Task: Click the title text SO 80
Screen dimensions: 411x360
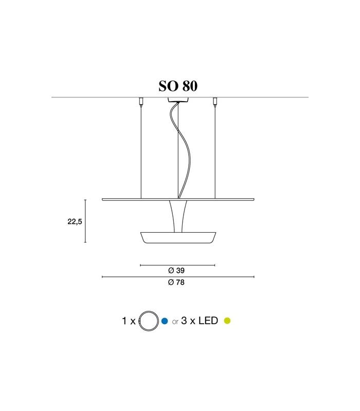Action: (x=178, y=86)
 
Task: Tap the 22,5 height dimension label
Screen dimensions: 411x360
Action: (x=75, y=222)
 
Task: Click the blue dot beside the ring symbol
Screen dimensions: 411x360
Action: (x=165, y=321)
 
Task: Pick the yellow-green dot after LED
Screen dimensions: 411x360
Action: (x=227, y=321)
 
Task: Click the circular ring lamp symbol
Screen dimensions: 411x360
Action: (x=149, y=321)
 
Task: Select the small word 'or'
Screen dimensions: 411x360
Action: (x=175, y=322)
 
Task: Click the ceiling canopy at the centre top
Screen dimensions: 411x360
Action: (x=178, y=100)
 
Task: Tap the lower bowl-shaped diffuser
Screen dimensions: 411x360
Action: (x=178, y=237)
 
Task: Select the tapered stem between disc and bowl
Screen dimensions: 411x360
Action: (x=177, y=216)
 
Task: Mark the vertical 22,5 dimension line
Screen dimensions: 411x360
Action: (x=85, y=221)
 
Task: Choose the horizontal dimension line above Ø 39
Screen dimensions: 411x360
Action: (x=177, y=265)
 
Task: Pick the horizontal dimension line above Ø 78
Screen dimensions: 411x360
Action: (x=178, y=277)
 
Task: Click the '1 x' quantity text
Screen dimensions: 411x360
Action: (x=129, y=321)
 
